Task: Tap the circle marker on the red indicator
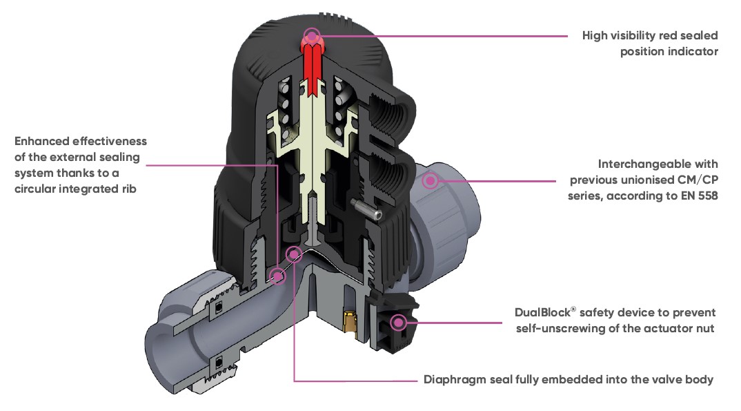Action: coord(312,35)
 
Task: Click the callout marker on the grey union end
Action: coord(431,181)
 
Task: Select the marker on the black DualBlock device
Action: coord(398,322)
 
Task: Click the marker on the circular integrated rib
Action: coord(277,276)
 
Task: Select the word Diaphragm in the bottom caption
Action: coord(455,379)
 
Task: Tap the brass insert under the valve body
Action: coord(350,322)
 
